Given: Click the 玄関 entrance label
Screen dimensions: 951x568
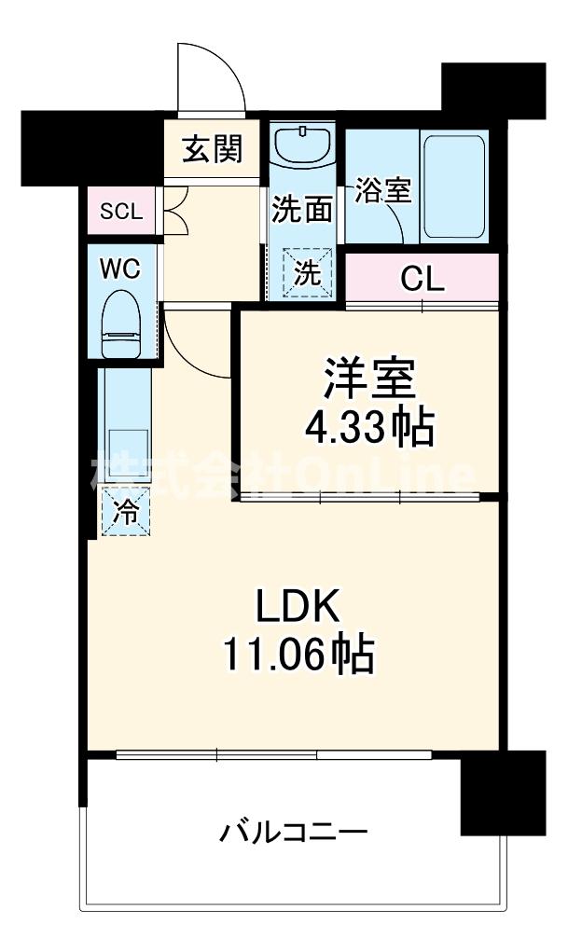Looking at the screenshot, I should tap(213, 148).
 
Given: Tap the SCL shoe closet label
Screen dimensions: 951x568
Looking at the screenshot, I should tap(121, 211).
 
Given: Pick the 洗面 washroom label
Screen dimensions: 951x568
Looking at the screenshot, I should tap(301, 209).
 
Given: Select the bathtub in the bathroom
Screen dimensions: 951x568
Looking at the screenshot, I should tap(454, 187).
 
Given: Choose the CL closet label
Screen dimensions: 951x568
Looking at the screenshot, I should tap(423, 277).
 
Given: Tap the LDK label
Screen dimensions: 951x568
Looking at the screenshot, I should tap(297, 608).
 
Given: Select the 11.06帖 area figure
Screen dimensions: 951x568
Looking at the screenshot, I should tap(298, 655).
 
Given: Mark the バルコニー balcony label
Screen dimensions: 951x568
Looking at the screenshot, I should tap(293, 830).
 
